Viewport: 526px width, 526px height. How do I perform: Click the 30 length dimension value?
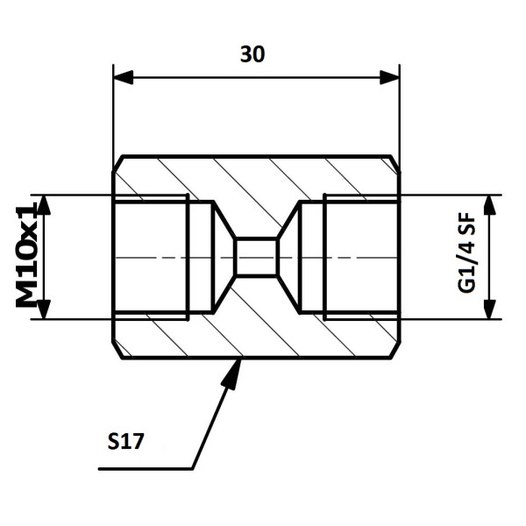click(x=252, y=54)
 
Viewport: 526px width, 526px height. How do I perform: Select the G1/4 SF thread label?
click(x=466, y=253)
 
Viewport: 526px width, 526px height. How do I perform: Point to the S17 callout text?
click(x=125, y=441)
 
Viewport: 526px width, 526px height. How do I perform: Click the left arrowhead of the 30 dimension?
click(x=124, y=77)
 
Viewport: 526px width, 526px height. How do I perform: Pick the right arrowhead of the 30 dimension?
click(x=389, y=77)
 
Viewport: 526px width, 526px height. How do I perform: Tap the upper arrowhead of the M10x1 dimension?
click(x=44, y=204)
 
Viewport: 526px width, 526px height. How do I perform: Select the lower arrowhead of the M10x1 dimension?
click(x=44, y=309)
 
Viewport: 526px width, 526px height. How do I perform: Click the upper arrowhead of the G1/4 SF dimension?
click(x=490, y=204)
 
